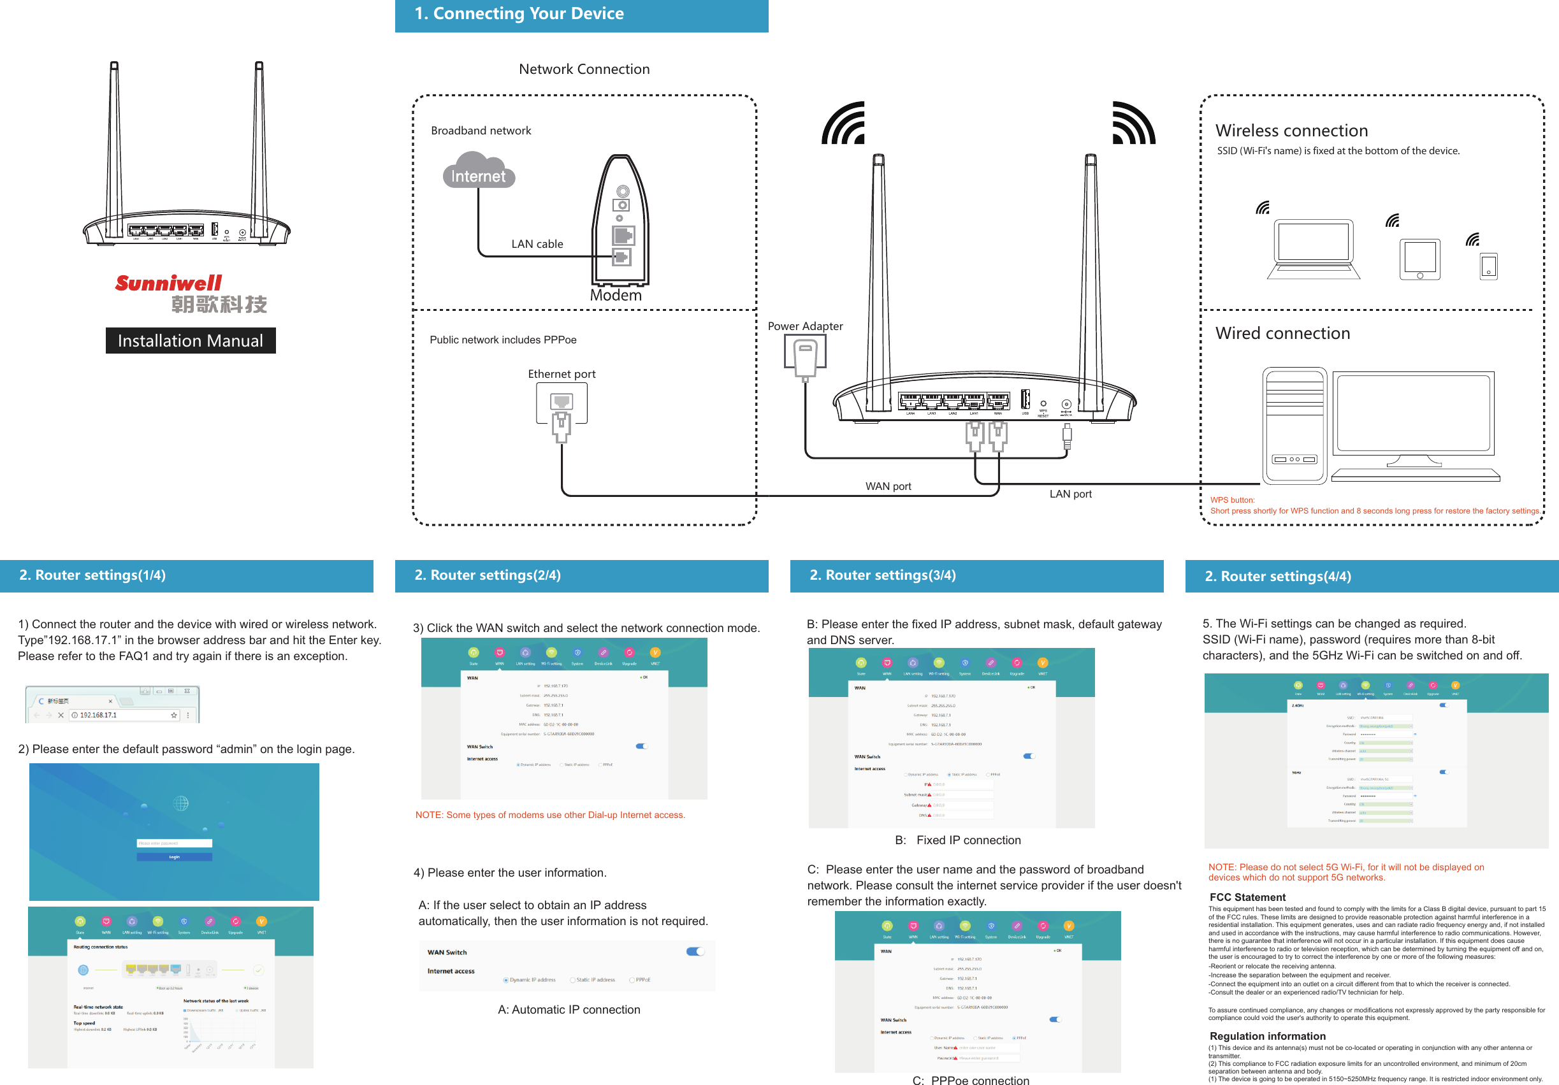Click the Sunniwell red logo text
(x=168, y=283)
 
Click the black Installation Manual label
(x=190, y=341)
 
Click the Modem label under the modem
(x=615, y=296)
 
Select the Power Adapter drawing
(x=804, y=357)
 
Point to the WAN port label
(x=887, y=487)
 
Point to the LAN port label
(x=1070, y=494)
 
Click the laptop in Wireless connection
(x=1313, y=248)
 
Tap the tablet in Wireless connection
(x=1419, y=259)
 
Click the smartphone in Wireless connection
(x=1488, y=266)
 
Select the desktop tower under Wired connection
(x=1294, y=426)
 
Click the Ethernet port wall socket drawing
(x=562, y=403)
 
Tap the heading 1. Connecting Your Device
(x=519, y=13)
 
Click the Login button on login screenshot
(x=174, y=857)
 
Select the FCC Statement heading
(x=1247, y=897)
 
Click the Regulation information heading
(x=1267, y=1036)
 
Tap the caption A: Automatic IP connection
(x=569, y=1010)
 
